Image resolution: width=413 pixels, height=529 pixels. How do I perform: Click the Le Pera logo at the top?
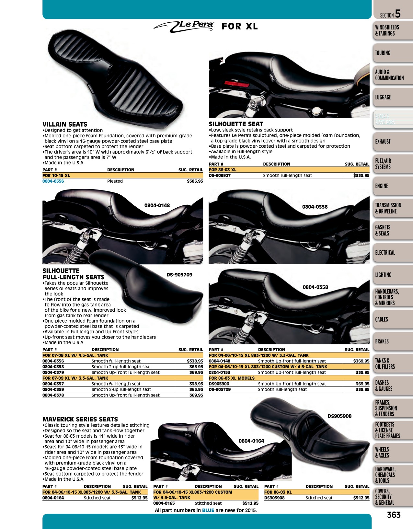tap(184, 26)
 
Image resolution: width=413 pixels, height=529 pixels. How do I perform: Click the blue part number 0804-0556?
tap(53, 181)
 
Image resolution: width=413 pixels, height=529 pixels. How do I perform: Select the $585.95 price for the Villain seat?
tap(195, 181)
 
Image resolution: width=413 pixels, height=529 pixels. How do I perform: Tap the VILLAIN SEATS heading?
tap(65, 124)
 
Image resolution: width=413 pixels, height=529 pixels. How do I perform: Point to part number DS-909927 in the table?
tap(220, 175)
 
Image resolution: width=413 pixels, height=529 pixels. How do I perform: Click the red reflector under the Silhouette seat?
tap(237, 84)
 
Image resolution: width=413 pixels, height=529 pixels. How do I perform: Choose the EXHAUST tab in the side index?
tap(383, 142)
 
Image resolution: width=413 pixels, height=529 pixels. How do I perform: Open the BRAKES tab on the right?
tap(382, 341)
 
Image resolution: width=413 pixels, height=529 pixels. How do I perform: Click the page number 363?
tap(394, 515)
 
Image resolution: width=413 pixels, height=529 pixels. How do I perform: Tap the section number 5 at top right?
tap(398, 14)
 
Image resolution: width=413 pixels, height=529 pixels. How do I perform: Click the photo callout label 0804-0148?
tap(157, 205)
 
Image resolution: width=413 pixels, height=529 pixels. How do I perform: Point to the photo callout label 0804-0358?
tap(315, 287)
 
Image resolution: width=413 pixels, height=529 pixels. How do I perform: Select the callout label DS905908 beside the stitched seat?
tap(339, 416)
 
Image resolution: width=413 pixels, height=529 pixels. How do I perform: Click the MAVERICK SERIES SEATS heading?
tap(80, 419)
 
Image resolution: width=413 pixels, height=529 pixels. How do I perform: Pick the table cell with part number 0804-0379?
tap(53, 372)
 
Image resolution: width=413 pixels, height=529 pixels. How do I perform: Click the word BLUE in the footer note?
tap(208, 510)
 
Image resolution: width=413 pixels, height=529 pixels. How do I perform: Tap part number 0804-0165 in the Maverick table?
tap(164, 503)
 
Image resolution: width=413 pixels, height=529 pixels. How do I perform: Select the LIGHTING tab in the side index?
tap(383, 275)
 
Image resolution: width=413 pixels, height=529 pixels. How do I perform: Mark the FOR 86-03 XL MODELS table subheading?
tap(232, 378)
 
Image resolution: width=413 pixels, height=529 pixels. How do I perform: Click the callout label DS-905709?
tap(179, 275)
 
